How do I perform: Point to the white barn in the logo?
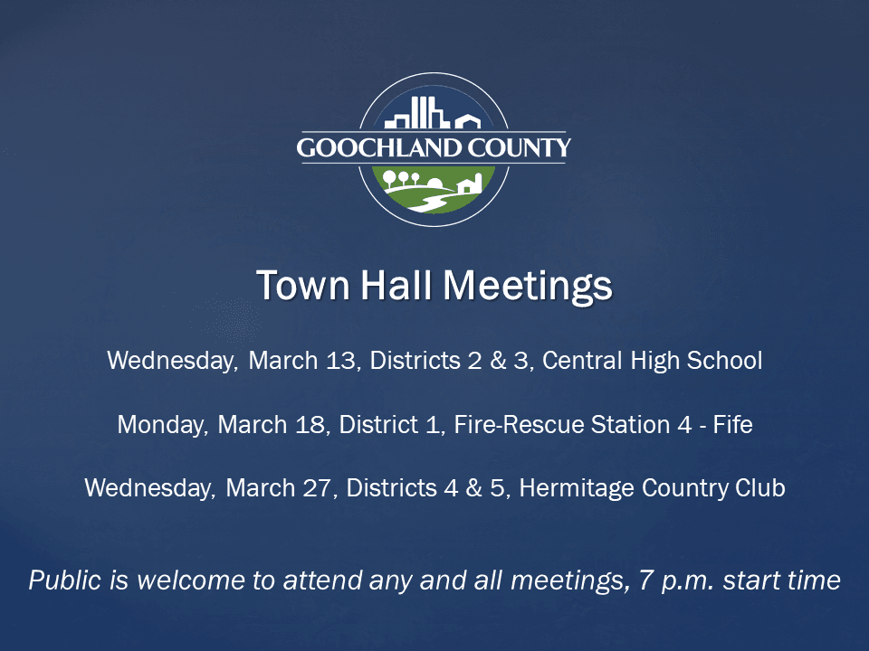coord(466,185)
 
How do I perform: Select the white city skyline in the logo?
coord(418,115)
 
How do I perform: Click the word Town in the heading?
coord(291,286)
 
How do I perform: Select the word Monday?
coord(161,425)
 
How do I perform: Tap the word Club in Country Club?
coord(760,488)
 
